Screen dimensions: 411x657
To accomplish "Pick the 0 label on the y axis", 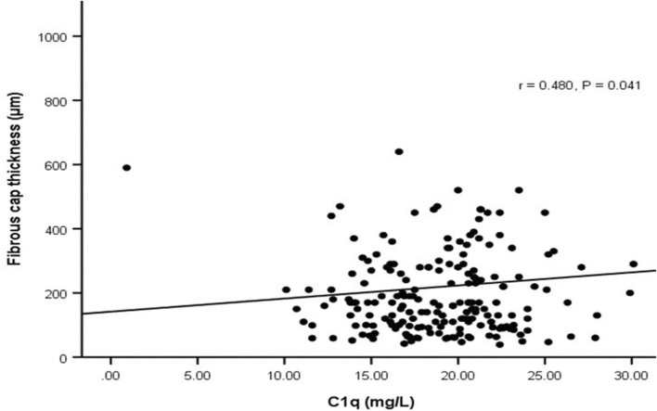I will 68,358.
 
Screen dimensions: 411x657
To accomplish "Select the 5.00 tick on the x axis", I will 198,376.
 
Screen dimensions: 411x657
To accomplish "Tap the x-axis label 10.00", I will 284,376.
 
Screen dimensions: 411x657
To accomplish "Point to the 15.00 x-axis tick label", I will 370,376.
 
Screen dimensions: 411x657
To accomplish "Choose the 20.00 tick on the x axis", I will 457,376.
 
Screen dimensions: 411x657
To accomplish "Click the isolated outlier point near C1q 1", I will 126,168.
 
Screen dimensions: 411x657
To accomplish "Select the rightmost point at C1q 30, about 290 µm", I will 633,263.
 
